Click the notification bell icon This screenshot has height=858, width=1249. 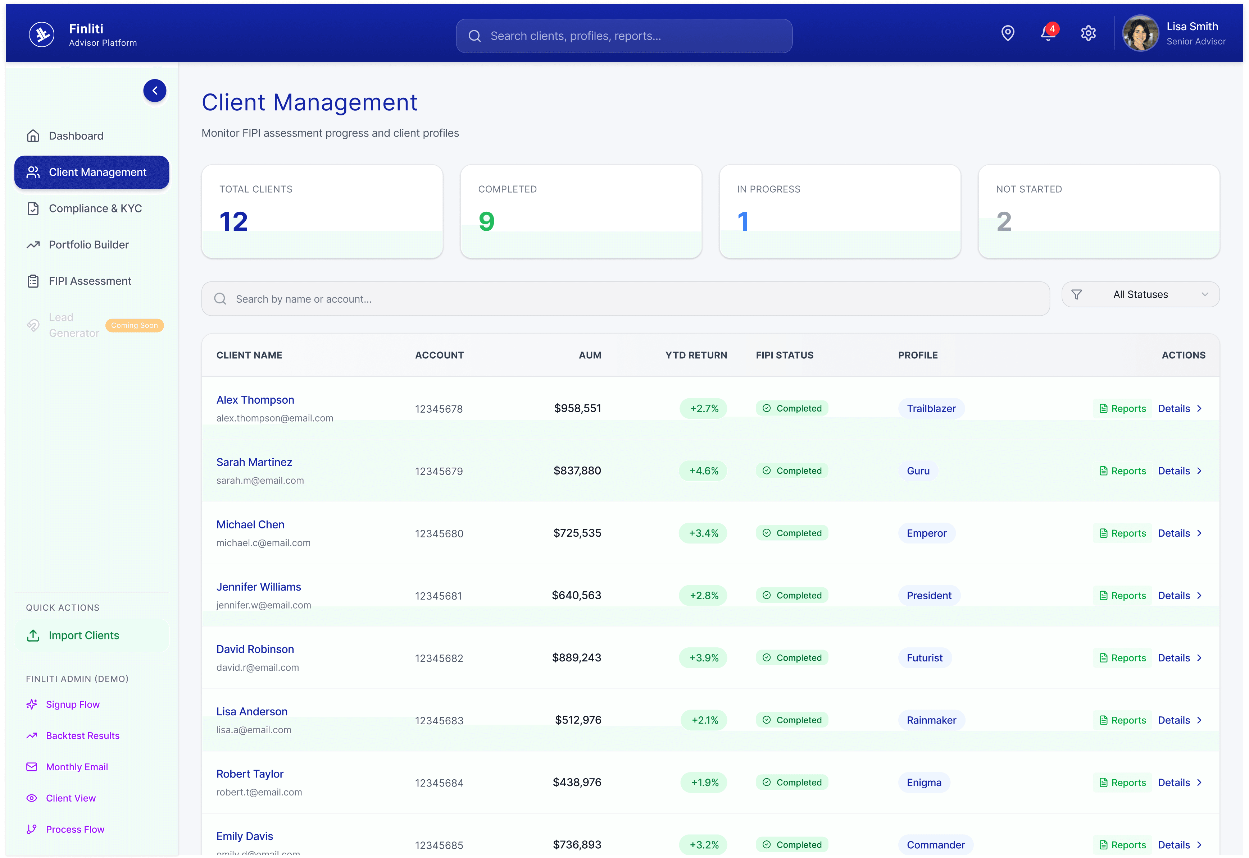click(1047, 33)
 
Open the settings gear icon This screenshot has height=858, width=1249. click(1088, 33)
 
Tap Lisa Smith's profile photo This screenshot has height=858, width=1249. click(1140, 33)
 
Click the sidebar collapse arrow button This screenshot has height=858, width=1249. click(155, 91)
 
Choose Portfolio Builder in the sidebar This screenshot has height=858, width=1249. click(89, 245)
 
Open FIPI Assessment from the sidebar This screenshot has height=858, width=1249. click(90, 281)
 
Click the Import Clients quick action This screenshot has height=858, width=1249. click(84, 636)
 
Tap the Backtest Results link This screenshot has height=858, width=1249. click(82, 736)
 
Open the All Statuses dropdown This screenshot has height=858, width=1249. click(1140, 295)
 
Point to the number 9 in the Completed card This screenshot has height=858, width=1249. click(486, 221)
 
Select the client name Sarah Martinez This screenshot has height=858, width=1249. click(254, 462)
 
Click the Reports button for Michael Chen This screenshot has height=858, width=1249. click(1123, 533)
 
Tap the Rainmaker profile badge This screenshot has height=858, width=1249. click(931, 720)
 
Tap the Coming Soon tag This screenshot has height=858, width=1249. click(135, 325)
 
